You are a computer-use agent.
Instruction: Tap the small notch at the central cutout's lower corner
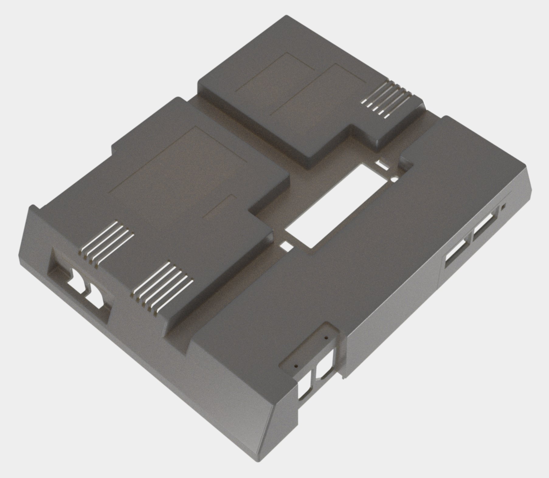point(286,245)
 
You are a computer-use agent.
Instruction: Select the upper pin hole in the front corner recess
point(326,337)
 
